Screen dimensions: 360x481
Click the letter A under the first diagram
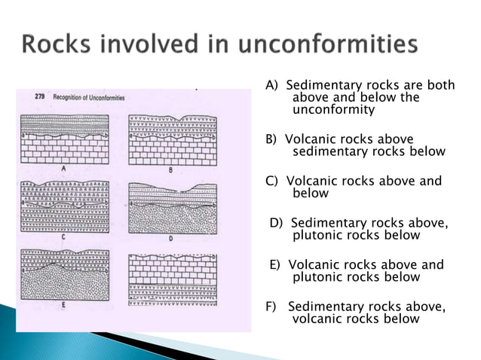pyautogui.click(x=64, y=169)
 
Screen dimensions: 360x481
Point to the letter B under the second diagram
pyautogui.click(x=171, y=170)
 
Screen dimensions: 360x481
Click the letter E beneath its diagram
pyautogui.click(x=64, y=305)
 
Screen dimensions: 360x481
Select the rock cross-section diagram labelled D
pyautogui.click(x=173, y=206)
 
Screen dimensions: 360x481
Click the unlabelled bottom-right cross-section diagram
pyautogui.click(x=173, y=277)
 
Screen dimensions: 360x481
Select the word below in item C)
pyautogui.click(x=310, y=194)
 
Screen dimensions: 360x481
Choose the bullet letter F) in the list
pyautogui.click(x=271, y=306)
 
